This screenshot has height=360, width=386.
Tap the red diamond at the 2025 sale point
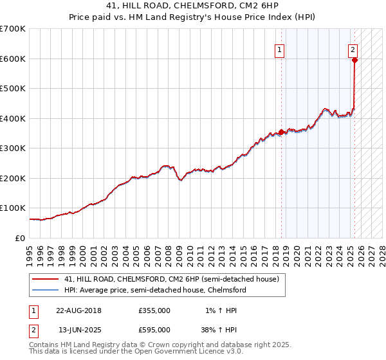(354, 61)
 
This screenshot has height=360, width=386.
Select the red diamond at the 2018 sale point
(281, 132)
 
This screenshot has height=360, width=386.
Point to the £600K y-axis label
(12, 59)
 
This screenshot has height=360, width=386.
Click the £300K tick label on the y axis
(12, 148)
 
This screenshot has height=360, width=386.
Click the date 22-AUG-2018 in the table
(78, 310)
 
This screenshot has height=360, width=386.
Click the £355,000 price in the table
(154, 310)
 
